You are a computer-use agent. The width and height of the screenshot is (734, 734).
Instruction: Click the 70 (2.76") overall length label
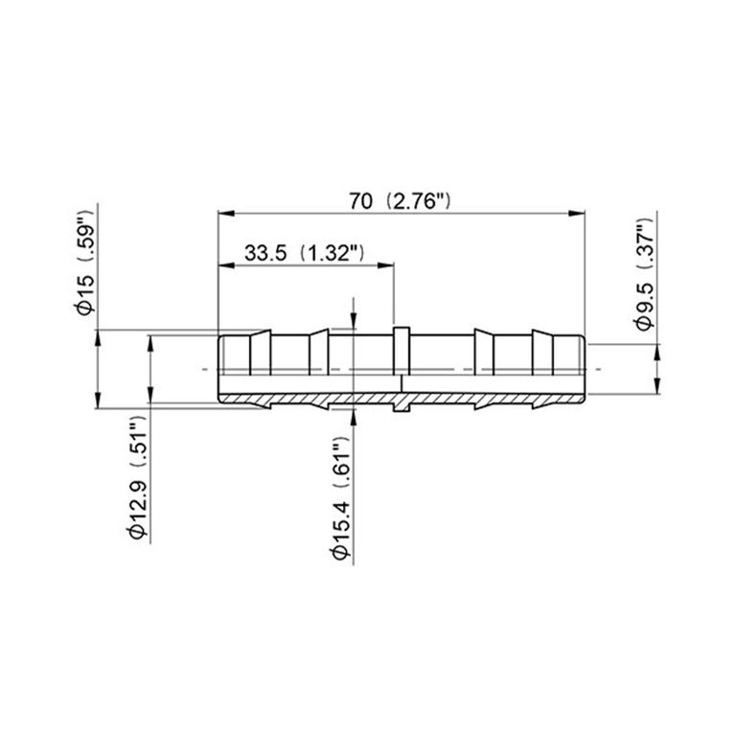coord(400,201)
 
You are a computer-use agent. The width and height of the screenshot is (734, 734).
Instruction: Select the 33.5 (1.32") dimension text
coord(304,253)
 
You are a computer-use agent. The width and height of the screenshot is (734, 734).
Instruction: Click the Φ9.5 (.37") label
coord(646,273)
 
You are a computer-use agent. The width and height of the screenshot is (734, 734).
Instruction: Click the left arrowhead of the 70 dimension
coord(226,214)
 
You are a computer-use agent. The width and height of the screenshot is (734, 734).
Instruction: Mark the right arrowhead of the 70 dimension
coord(577,214)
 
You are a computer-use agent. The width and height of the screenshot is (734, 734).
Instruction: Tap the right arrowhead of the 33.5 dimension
coord(386,265)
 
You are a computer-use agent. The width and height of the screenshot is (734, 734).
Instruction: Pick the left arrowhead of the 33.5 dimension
coord(226,265)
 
